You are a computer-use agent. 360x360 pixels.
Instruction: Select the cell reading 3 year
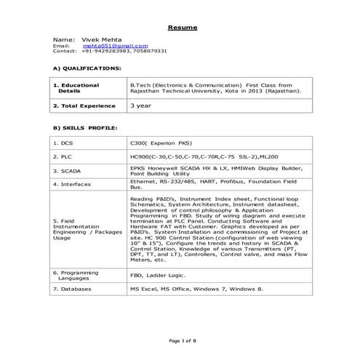[141, 105]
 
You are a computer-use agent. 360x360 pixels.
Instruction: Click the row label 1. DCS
[68, 143]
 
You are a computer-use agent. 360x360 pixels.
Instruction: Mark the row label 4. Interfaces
[76, 185]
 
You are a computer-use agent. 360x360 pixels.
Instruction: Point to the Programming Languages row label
[79, 275]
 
